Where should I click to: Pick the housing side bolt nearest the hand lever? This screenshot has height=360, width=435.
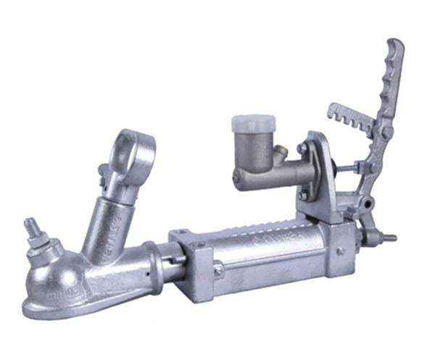[x=339, y=251]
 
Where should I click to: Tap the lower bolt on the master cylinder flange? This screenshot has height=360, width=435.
[x=303, y=194]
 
